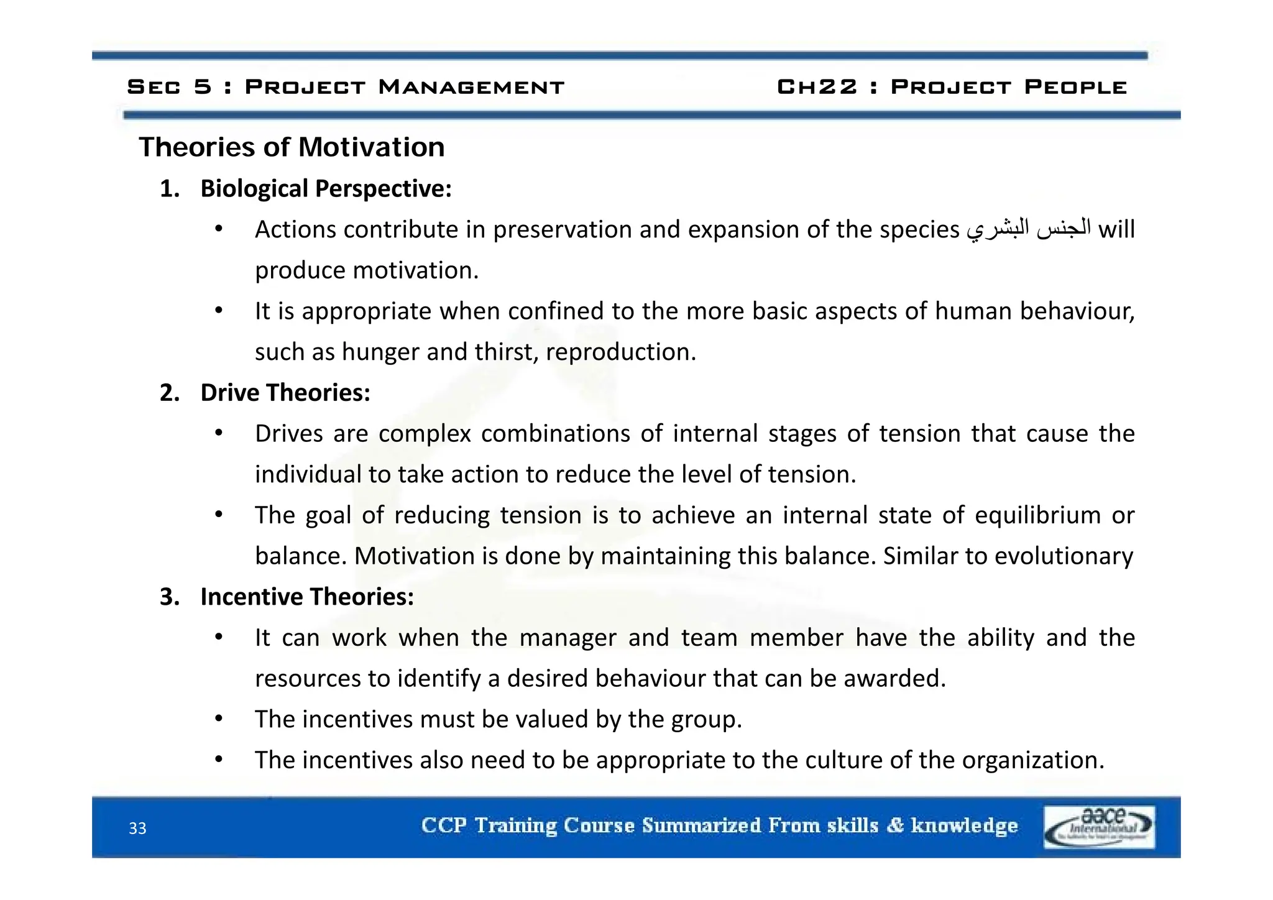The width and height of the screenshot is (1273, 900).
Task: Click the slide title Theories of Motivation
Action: tap(292, 147)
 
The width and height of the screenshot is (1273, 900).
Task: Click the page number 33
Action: tap(137, 828)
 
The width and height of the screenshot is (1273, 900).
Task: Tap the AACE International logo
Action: tap(1099, 827)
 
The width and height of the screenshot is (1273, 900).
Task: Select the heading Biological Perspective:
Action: tap(326, 188)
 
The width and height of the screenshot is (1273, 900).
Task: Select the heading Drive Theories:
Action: tap(285, 392)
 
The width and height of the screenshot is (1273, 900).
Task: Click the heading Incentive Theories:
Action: tap(307, 597)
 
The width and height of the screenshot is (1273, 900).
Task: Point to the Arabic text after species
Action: tap(1029, 229)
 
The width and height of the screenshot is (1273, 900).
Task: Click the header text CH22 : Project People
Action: tap(952, 86)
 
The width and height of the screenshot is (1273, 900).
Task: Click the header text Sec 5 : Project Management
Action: tap(346, 86)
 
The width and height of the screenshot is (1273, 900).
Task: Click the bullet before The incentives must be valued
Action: tap(219, 719)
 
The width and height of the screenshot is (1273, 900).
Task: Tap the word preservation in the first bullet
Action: tap(562, 229)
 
